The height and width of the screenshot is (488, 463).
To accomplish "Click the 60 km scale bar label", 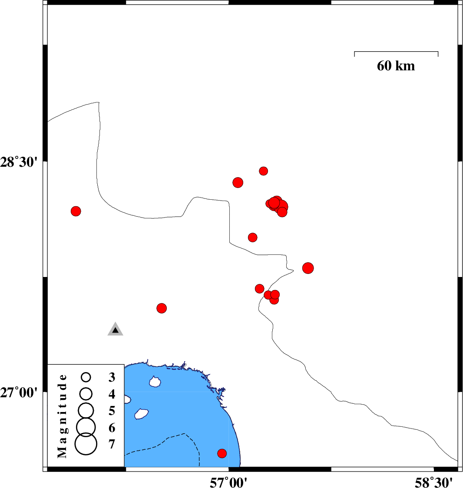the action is (396, 66).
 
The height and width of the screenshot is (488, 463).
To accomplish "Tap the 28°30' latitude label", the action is (19, 162).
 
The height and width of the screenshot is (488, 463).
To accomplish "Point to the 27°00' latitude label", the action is (19, 393).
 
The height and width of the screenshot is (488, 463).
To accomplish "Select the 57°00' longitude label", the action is (228, 482).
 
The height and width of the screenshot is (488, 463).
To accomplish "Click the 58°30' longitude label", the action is (433, 482).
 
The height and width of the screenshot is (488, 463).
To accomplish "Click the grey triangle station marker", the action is (115, 329).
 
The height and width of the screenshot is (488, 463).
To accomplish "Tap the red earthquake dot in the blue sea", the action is (222, 453).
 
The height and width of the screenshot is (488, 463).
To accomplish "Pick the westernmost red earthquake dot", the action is (76, 211).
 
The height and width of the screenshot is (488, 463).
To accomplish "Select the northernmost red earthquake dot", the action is (263, 171).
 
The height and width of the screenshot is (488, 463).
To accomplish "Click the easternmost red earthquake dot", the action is (308, 268).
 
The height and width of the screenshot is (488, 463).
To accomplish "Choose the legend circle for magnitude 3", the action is (86, 377).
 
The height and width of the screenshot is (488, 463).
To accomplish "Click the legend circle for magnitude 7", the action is (86, 444).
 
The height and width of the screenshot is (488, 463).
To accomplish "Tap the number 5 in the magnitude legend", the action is (112, 411).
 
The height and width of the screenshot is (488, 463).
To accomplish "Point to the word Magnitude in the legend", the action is (62, 416).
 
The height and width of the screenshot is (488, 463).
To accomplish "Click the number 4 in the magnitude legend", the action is (112, 394).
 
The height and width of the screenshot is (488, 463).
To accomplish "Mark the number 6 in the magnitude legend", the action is (112, 428).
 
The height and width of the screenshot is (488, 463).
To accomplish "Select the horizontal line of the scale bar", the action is (396, 52).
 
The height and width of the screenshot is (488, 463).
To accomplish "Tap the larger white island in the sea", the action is (142, 414).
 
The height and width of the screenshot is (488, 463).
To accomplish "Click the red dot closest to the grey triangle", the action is (161, 308).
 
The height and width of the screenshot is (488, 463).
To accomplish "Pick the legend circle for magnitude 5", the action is (86, 411).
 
